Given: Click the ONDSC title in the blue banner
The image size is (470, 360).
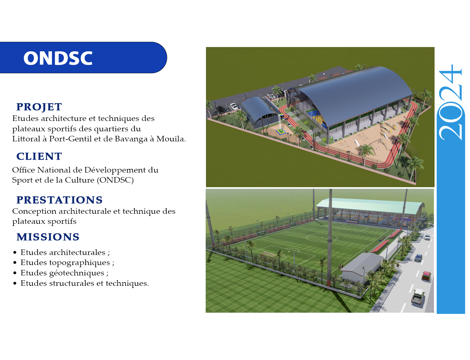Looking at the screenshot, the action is click(x=58, y=58).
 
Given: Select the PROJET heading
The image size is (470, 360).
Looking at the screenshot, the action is click(x=39, y=107).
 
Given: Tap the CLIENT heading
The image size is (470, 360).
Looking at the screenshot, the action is click(x=39, y=156).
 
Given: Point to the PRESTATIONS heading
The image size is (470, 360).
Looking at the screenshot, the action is click(x=60, y=200).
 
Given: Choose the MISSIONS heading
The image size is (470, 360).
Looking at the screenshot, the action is click(x=48, y=237).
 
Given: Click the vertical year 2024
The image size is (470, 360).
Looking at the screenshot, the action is click(x=450, y=102).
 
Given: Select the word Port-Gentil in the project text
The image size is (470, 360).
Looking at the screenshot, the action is click(x=71, y=139).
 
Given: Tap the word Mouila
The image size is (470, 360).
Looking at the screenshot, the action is click(x=171, y=139).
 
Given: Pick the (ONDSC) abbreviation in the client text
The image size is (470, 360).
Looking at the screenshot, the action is click(x=115, y=180).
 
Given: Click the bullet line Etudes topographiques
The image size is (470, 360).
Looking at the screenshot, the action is click(x=67, y=263).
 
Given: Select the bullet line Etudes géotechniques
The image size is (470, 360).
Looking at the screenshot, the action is click(x=64, y=273).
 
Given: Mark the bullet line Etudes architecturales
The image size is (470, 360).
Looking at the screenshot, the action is click(x=65, y=253).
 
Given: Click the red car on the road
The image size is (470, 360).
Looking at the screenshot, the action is click(x=426, y=276).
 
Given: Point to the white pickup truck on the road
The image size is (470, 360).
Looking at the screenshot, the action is click(x=418, y=296).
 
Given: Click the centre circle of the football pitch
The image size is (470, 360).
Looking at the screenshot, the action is click(x=322, y=238).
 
